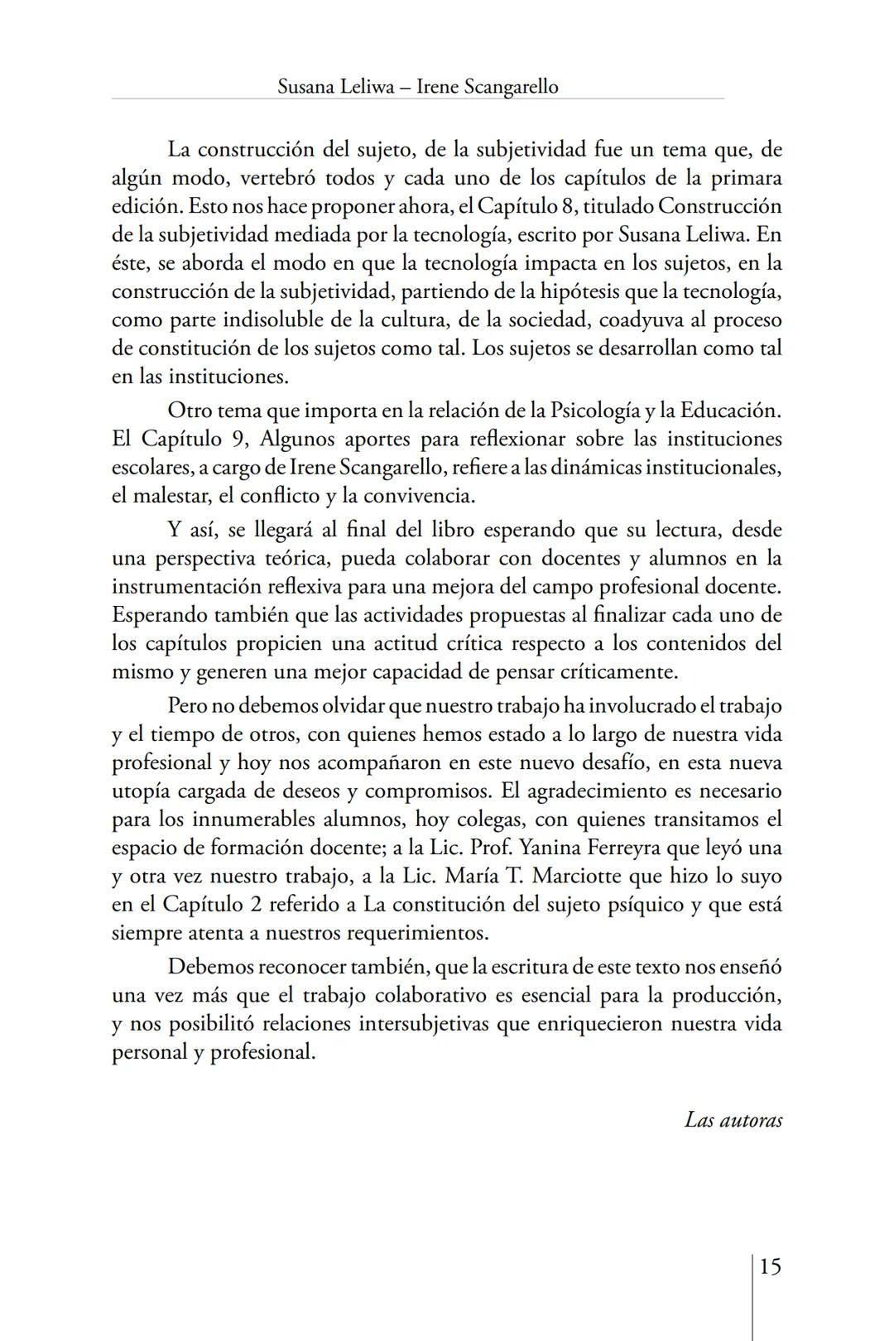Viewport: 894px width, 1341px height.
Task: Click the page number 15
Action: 770,1266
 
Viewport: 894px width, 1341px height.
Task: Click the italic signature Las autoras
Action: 733,1120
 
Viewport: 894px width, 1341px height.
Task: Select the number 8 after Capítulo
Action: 567,206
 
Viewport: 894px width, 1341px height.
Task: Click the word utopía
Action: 142,791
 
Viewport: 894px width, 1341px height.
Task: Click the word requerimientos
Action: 416,933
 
